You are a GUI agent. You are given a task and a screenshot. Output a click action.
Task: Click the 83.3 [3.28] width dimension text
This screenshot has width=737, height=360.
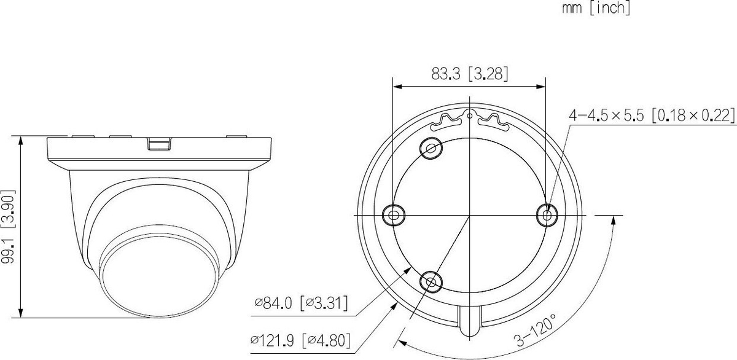click(x=469, y=74)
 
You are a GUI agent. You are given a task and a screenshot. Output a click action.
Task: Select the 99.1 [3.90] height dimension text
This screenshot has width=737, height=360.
click(x=8, y=227)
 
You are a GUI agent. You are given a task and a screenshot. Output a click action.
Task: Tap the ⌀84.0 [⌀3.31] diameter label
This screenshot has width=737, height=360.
click(x=301, y=303)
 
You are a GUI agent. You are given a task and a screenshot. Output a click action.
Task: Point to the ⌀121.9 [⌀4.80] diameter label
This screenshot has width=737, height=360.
click(x=300, y=340)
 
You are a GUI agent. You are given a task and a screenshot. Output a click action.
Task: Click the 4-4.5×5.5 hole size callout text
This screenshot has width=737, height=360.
click(x=652, y=115)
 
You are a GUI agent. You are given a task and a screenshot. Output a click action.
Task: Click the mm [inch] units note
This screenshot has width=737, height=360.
click(x=596, y=8)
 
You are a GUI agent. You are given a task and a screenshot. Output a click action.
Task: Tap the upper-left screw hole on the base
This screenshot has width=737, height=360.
click(x=431, y=149)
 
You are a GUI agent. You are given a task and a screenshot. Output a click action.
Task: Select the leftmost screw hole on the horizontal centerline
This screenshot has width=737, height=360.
click(x=394, y=215)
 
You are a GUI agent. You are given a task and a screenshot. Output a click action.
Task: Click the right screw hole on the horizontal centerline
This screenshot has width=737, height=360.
click(x=547, y=216)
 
